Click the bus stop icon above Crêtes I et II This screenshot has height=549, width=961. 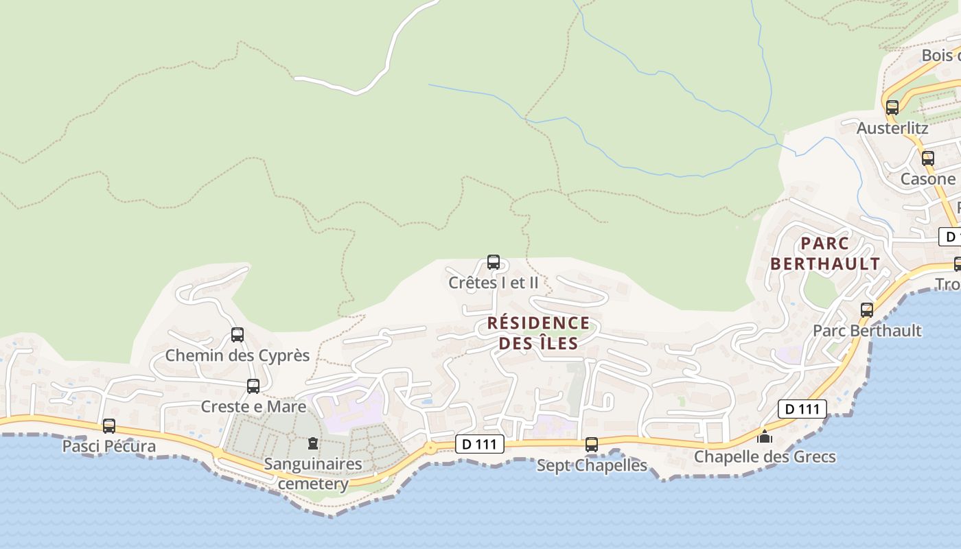coord(493,261)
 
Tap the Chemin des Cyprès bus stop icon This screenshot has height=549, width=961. coord(238,335)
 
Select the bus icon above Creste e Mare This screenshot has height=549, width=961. coord(253,386)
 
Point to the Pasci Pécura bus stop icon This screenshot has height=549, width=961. coord(109,426)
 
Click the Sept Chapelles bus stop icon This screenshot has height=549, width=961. coord(592,445)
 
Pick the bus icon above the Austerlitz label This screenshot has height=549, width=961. coord(892,108)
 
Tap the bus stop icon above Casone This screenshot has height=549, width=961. coord(928,159)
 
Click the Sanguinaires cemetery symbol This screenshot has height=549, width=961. coord(313,443)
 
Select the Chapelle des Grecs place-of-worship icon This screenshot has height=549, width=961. coord(765,436)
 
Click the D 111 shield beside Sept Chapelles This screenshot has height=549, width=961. coord(480,445)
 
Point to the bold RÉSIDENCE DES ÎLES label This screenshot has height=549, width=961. coord(538,333)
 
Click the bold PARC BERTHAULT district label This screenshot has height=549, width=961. coord(824,253)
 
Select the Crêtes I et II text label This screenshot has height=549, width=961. coord(494,282)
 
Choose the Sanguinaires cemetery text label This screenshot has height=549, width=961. coord(313,474)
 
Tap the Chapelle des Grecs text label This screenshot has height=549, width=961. coord(765,456)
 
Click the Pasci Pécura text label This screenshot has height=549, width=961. coord(109,446)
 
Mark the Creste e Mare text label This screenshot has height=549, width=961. coord(253,406)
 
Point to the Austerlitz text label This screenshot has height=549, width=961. coord(892,128)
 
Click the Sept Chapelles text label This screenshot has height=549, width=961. coord(592,465)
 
